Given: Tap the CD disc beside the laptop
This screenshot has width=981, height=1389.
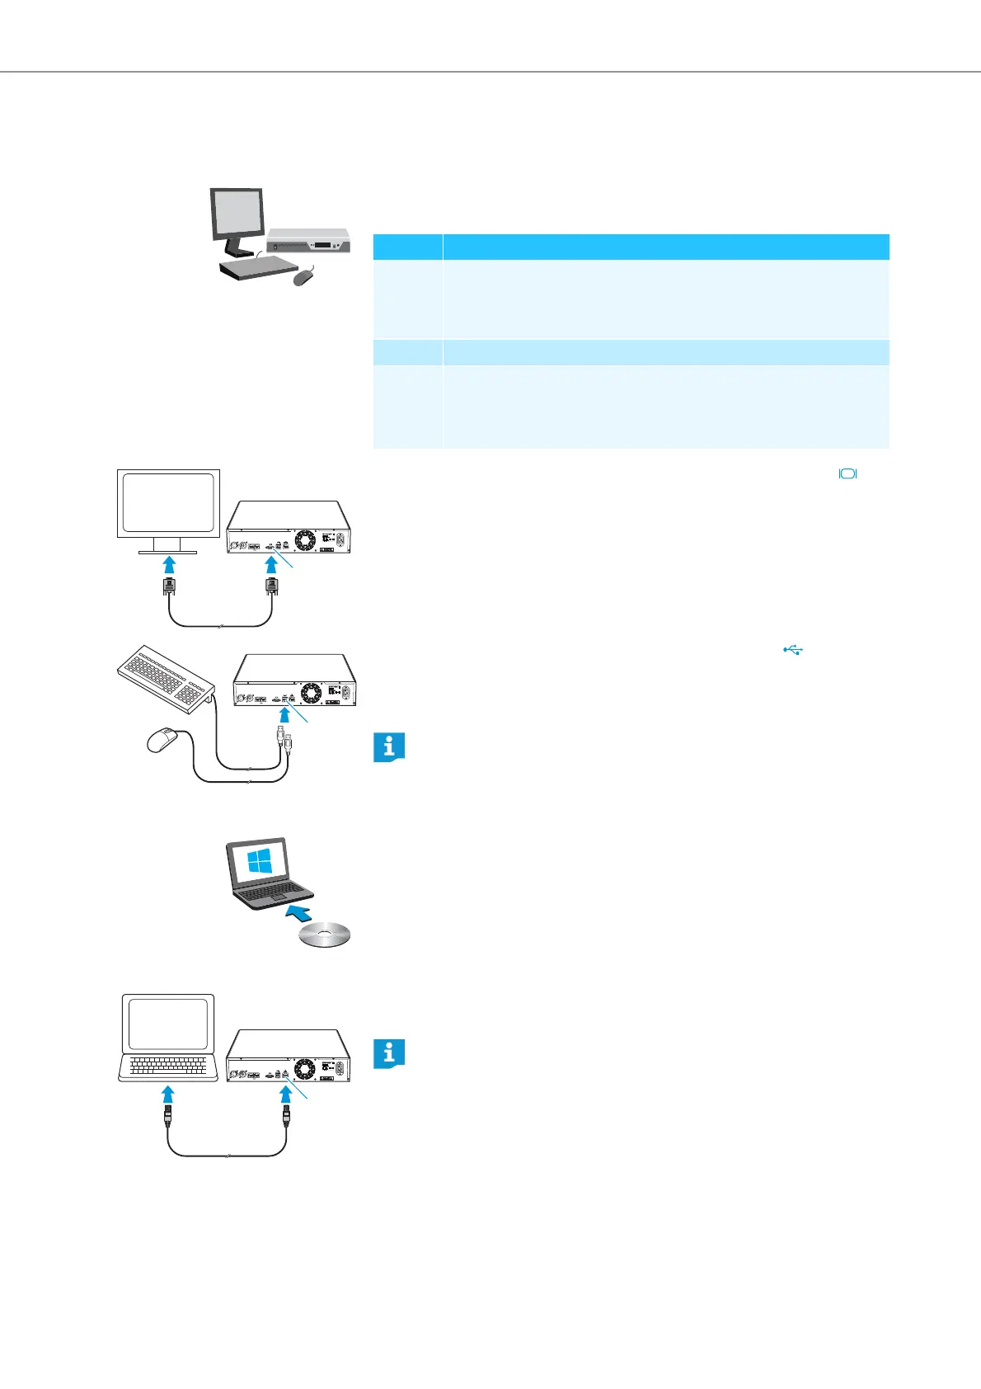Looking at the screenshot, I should point(325,935).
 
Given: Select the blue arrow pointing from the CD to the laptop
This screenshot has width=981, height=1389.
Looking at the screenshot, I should point(303,913).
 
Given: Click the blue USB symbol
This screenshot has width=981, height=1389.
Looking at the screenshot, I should point(793,650).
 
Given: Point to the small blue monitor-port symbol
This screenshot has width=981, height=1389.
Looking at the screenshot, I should point(848,473).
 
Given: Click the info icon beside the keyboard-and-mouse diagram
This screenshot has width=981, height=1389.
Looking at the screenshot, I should point(389,747).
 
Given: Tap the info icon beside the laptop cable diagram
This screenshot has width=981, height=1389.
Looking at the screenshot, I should point(389,1054).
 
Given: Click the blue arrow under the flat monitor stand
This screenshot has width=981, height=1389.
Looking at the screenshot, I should point(169,565).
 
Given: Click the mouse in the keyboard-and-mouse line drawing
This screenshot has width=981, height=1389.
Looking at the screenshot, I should point(162,740).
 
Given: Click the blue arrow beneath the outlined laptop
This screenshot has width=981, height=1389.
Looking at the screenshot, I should point(168,1095).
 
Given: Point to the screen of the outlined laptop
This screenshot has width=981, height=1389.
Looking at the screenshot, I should point(167,1024).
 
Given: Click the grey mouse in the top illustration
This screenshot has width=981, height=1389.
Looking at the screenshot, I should point(304,277).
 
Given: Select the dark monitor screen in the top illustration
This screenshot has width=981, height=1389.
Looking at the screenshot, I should point(237,213).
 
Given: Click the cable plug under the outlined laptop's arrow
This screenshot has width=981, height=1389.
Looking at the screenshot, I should point(169,1118).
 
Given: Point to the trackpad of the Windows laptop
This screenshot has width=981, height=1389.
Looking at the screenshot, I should point(277,897).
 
